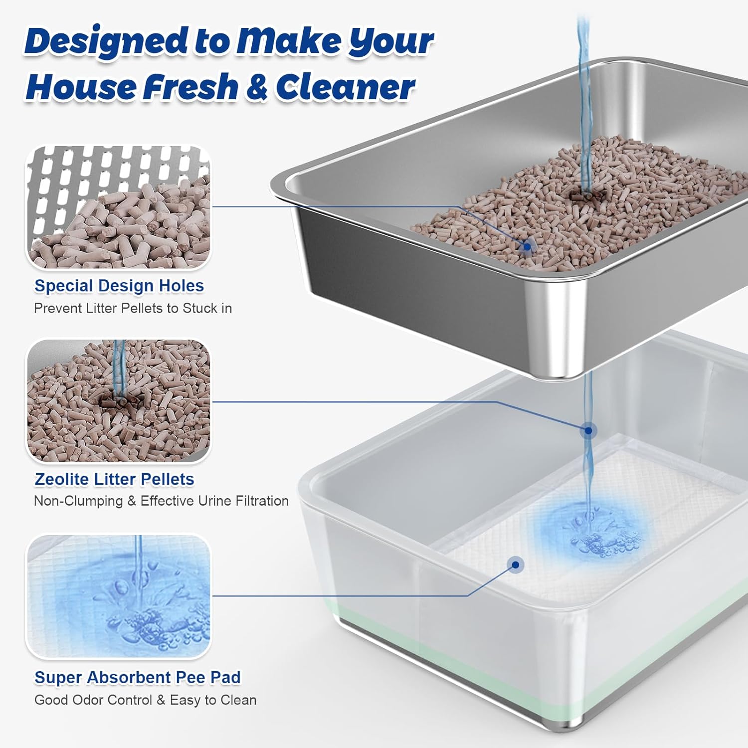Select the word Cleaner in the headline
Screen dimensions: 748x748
tap(345, 87)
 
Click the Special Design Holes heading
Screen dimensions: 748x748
tap(119, 286)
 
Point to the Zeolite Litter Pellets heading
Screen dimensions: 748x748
tap(114, 479)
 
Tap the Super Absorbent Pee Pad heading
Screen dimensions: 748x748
tap(138, 678)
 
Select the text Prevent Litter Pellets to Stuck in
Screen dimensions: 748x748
tap(133, 308)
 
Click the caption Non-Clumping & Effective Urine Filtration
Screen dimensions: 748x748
tap(162, 501)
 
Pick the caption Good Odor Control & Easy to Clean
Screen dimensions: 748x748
tap(146, 700)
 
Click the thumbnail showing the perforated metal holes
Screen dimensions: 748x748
tap(119, 207)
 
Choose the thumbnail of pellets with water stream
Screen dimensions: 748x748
tap(119, 401)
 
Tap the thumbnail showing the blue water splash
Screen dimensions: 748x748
tap(119, 596)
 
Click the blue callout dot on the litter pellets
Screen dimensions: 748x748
tap(527, 246)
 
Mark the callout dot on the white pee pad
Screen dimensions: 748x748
tap(516, 564)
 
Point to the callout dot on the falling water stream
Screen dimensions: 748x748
tap(589, 430)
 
